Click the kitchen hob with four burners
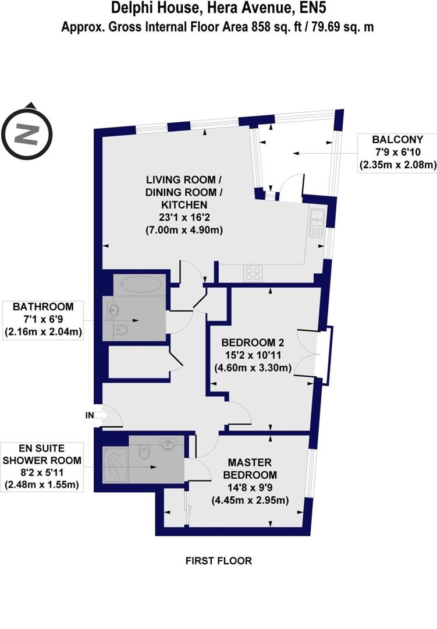tap(253, 273)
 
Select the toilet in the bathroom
tap(120, 330)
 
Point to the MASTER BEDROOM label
tap(253, 468)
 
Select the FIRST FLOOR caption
tap(218, 561)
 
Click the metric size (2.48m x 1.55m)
tap(41, 484)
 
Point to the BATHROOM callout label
tap(44, 307)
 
